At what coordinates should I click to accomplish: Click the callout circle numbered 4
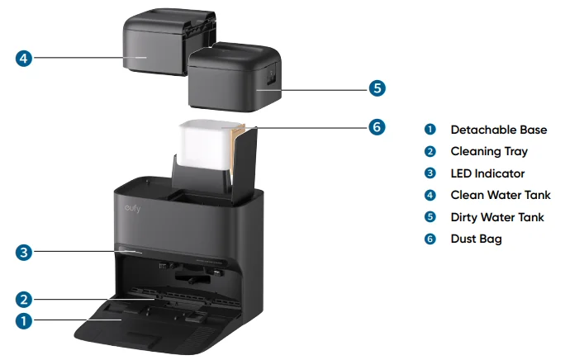point(24,58)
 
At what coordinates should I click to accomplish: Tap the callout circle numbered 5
point(377,88)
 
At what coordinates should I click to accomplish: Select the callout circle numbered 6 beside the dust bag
point(377,127)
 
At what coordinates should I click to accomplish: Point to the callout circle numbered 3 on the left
point(24,253)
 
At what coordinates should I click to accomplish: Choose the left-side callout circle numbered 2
point(24,300)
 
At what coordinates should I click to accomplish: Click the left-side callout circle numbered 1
point(24,320)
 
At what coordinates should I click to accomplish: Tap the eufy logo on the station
point(133,208)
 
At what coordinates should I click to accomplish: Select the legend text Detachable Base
point(499,130)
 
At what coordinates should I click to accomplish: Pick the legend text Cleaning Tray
point(489,152)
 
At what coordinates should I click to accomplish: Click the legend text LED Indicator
point(487,173)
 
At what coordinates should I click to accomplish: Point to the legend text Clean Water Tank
point(501,195)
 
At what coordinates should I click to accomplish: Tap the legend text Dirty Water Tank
point(497,217)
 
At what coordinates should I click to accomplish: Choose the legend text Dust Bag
point(476,239)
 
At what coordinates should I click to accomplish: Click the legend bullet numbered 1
point(430,130)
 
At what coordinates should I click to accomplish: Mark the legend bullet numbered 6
point(430,239)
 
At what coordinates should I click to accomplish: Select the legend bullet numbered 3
point(430,173)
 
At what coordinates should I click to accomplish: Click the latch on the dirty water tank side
point(271,76)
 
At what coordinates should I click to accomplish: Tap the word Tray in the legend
point(515,152)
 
